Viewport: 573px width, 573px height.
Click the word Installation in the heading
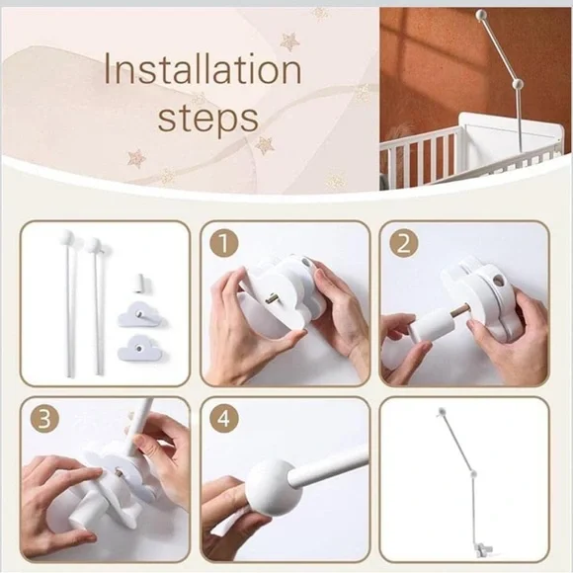tap(203, 68)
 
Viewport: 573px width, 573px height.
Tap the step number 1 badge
tap(224, 243)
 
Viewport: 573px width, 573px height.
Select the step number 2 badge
tap(403, 243)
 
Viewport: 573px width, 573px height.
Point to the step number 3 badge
tap(44, 419)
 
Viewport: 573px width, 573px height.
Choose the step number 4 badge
tap(224, 419)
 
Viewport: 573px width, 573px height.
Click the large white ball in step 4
tap(274, 488)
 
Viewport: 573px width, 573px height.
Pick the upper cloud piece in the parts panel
tap(139, 314)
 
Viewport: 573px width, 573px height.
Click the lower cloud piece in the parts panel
tap(139, 347)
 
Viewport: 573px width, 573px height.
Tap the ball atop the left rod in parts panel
tap(66, 237)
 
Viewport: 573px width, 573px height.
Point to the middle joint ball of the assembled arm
tap(473, 474)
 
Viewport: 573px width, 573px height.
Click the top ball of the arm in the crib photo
tap(481, 15)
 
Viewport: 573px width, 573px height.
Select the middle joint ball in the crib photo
tap(518, 84)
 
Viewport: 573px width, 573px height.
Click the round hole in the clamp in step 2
tap(498, 282)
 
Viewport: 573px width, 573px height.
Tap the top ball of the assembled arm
tap(442, 412)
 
